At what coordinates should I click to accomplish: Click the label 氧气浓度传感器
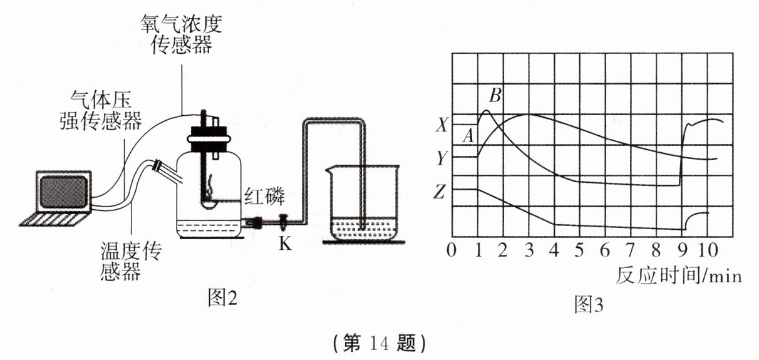(x=181, y=34)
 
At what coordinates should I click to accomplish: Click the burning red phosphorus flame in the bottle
(x=210, y=185)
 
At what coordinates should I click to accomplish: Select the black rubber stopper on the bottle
(x=207, y=137)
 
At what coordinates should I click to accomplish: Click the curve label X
(x=442, y=126)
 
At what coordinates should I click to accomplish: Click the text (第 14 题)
(x=379, y=342)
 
